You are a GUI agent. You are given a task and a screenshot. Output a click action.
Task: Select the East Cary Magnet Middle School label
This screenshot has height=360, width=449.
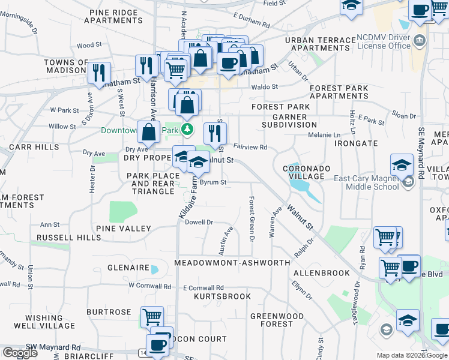[366, 182]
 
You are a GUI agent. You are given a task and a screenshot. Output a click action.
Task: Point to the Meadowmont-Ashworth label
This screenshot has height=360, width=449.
[232, 263]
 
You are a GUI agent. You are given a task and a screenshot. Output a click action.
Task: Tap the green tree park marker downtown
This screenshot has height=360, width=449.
[188, 128]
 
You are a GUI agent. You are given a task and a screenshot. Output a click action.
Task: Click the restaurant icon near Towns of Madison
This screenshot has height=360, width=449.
[99, 73]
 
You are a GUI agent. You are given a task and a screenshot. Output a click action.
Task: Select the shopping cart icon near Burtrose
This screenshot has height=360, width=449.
[152, 316]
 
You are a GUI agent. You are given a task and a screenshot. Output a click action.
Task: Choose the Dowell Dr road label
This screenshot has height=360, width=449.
[199, 222]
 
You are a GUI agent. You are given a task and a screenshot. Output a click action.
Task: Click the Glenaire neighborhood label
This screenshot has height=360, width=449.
[128, 268]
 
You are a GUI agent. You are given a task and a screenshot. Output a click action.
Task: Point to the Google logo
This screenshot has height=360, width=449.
[20, 353]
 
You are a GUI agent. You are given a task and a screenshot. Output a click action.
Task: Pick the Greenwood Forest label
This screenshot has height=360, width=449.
[277, 320]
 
